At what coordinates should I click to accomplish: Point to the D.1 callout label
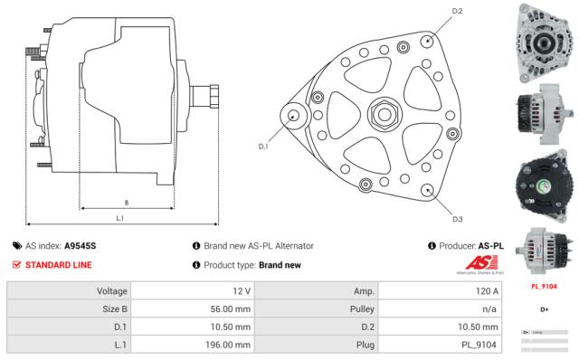tap(263, 146)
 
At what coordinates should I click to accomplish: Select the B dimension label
tap(126, 202)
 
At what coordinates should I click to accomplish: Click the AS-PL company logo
tap(479, 264)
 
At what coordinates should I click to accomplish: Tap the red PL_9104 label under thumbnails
tap(544, 286)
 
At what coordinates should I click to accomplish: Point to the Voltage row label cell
tap(69, 291)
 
